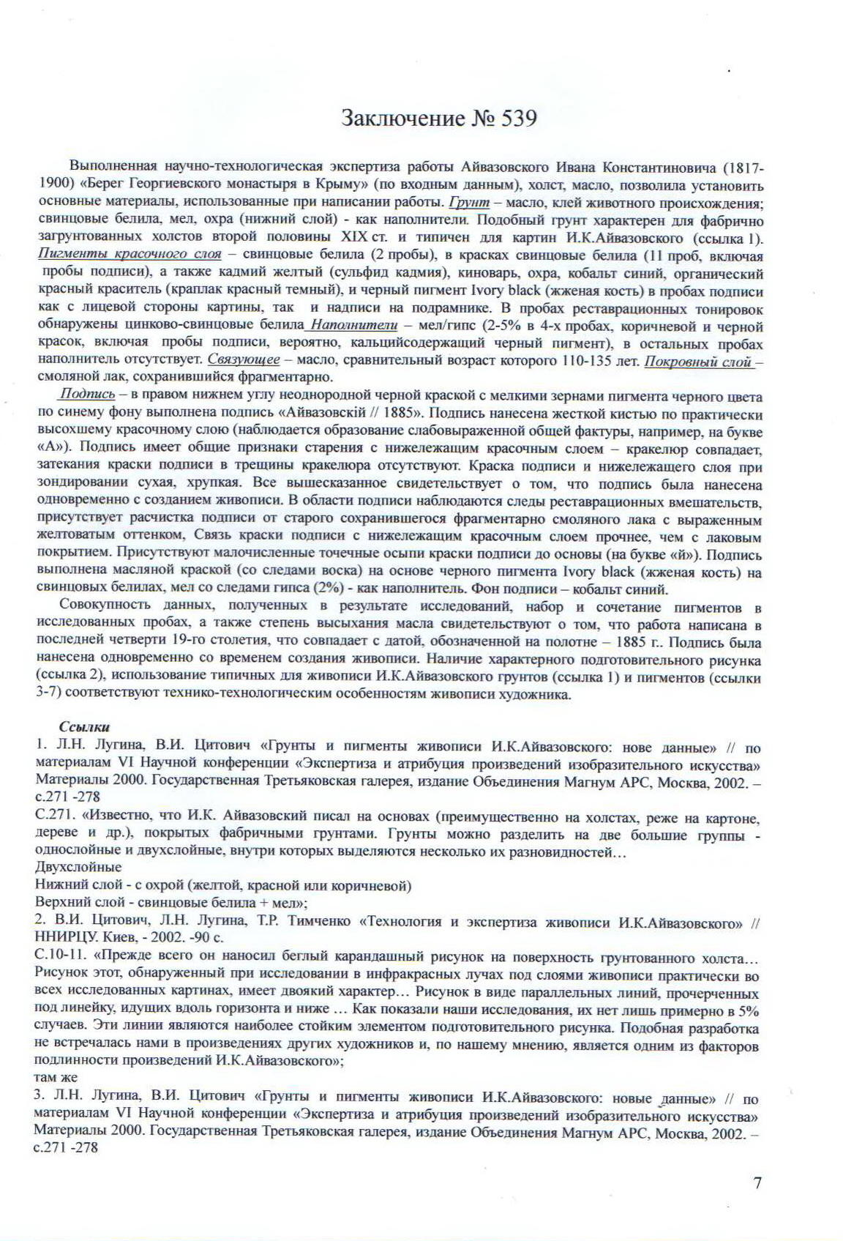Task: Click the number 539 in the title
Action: click(x=519, y=119)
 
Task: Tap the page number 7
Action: click(x=757, y=1182)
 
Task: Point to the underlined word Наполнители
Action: click(x=354, y=325)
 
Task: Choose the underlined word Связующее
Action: click(x=244, y=360)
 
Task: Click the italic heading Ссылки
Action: click(x=84, y=727)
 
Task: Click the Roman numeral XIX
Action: click(x=356, y=237)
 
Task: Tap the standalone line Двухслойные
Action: click(x=78, y=868)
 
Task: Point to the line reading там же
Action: click(x=56, y=1078)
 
